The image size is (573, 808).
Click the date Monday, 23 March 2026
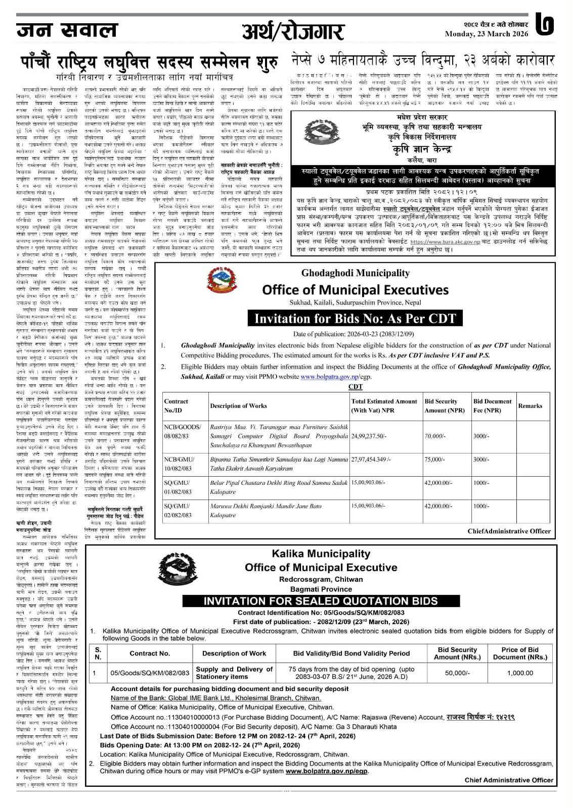(x=486, y=34)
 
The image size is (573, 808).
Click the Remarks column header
(x=530, y=406)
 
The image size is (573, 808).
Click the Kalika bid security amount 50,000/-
(x=457, y=673)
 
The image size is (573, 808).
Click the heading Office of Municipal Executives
(x=355, y=290)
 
